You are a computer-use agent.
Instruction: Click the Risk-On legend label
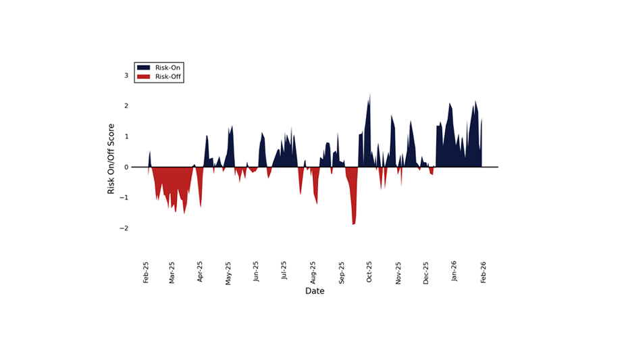point(168,68)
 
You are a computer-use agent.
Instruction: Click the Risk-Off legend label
point(168,77)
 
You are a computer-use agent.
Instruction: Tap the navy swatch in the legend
point(143,68)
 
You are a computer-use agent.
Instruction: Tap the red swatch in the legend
point(143,77)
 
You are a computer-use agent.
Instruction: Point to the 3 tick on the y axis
point(126,76)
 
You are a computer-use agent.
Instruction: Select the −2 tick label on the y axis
point(124,228)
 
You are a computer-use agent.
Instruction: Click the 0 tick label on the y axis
point(126,167)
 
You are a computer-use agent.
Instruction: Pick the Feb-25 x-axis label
point(146,272)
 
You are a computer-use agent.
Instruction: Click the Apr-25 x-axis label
point(201,272)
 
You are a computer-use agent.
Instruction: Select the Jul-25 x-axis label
point(284,272)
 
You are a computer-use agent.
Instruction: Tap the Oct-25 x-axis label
point(369,272)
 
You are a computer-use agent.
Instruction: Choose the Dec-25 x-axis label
point(426,272)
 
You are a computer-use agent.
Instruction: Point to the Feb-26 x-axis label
point(484,272)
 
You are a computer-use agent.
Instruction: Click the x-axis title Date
point(315,291)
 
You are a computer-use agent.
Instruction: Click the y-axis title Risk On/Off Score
point(111,159)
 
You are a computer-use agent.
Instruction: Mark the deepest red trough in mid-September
point(353,223)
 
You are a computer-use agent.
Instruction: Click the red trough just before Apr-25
point(201,205)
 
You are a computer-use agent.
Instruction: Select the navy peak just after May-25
point(232,127)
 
